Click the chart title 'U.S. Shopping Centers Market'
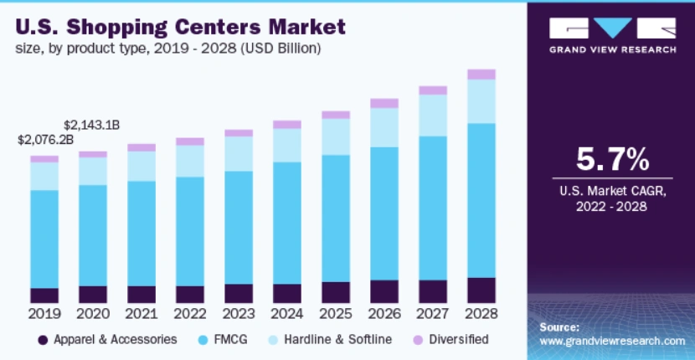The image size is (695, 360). coord(179,27)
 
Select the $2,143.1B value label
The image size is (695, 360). coord(92,125)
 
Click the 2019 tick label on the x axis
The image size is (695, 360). coord(44,314)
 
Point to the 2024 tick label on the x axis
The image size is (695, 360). coord(286,314)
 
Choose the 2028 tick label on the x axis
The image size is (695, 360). coord(481,314)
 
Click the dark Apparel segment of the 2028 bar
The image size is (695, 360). coord(481,290)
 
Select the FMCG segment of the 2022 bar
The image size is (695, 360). coord(190,231)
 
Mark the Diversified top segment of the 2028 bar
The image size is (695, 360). coord(481,75)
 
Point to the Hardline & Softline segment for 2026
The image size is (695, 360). coord(384,127)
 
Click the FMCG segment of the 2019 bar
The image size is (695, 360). coord(44,239)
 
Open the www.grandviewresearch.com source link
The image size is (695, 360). coord(612,341)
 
